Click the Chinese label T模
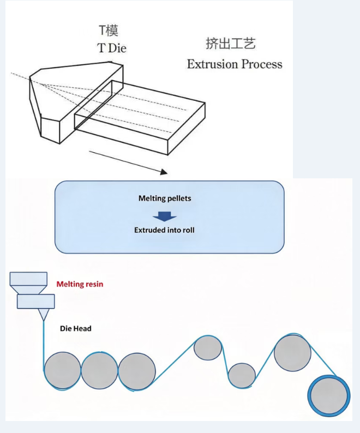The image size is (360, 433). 109,31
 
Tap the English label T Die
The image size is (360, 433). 112,48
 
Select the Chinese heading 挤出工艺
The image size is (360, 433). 231,44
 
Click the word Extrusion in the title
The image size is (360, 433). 213,64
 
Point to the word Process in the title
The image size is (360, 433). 262,64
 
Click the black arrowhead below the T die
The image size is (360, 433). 164,172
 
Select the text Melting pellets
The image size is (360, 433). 165,199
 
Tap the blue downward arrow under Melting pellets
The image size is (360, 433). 165,216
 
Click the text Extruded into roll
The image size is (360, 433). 164,230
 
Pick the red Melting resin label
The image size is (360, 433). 80,284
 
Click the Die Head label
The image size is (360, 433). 76,328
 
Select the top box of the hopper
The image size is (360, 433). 28,279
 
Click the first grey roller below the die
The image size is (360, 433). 62,371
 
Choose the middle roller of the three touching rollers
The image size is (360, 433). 99,370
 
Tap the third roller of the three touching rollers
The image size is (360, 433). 137,371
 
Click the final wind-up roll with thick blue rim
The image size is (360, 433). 329,396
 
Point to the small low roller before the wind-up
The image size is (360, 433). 242,376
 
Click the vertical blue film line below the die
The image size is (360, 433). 44,345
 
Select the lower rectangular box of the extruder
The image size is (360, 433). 35,301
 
